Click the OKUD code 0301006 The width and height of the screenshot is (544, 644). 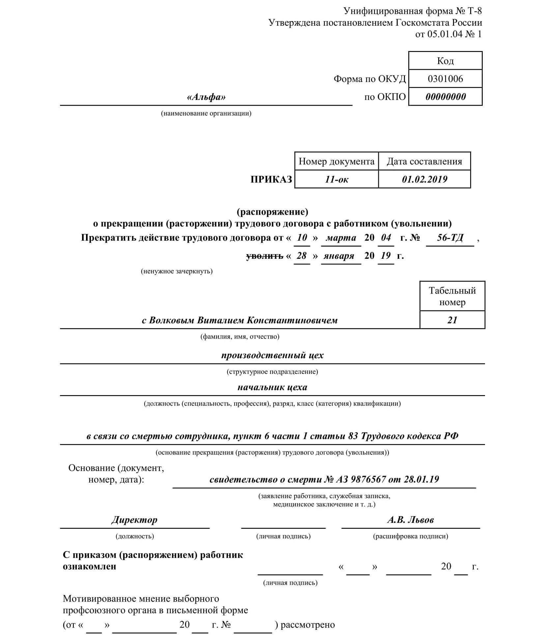445,79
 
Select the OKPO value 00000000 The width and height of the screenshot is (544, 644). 445,97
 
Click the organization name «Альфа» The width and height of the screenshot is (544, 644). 206,97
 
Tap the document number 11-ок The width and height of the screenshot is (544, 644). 336,179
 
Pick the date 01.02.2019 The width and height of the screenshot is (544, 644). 424,179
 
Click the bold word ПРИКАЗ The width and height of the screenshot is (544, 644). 271,179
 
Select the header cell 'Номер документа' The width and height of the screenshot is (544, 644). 336,161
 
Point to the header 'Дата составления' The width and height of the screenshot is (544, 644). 424,161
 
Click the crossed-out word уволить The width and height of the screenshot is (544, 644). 265,256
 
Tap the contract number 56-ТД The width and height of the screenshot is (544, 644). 450,238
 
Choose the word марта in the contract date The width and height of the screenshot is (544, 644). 341,238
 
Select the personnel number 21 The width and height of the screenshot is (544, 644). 452,320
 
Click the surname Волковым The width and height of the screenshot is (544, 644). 172,320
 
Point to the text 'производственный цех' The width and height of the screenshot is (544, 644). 272,355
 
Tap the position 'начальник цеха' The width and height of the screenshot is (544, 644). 272,387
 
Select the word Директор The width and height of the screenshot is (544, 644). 134,520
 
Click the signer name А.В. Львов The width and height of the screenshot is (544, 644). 410,520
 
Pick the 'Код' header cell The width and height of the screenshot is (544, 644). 445,61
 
